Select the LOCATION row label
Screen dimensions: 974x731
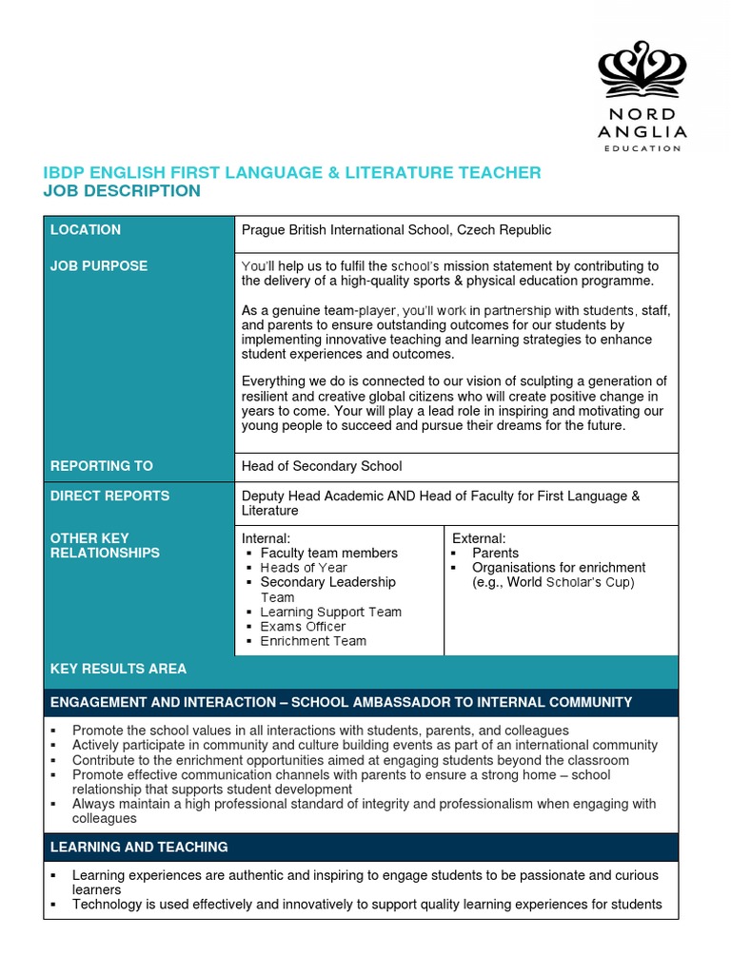pos(86,230)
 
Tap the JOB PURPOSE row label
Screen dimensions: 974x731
pos(99,266)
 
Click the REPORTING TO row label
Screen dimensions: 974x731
pos(102,466)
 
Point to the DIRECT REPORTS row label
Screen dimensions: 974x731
pos(110,496)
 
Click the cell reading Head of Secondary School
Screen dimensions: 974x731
pos(322,466)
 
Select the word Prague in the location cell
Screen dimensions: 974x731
pos(263,230)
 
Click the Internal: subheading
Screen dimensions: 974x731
pos(266,538)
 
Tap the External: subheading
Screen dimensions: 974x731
pos(479,538)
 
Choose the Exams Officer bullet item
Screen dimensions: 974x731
pos(303,627)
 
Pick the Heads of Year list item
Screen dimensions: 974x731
pos(304,568)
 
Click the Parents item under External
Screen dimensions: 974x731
pos(495,553)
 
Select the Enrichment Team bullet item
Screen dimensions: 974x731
pos(313,641)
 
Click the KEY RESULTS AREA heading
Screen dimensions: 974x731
pos(119,669)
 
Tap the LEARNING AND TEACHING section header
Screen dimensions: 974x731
pos(139,847)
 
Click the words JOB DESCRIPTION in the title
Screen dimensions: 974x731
pos(123,191)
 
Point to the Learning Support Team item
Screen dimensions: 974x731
pos(330,612)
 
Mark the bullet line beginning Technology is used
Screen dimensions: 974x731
pos(366,905)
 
